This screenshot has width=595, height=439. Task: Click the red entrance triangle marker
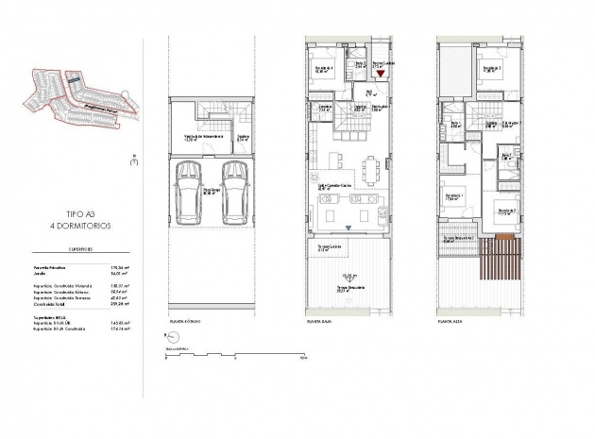click(x=382, y=71)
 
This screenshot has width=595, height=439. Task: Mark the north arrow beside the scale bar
click(x=167, y=337)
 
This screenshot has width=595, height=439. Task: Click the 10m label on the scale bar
click(x=301, y=359)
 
